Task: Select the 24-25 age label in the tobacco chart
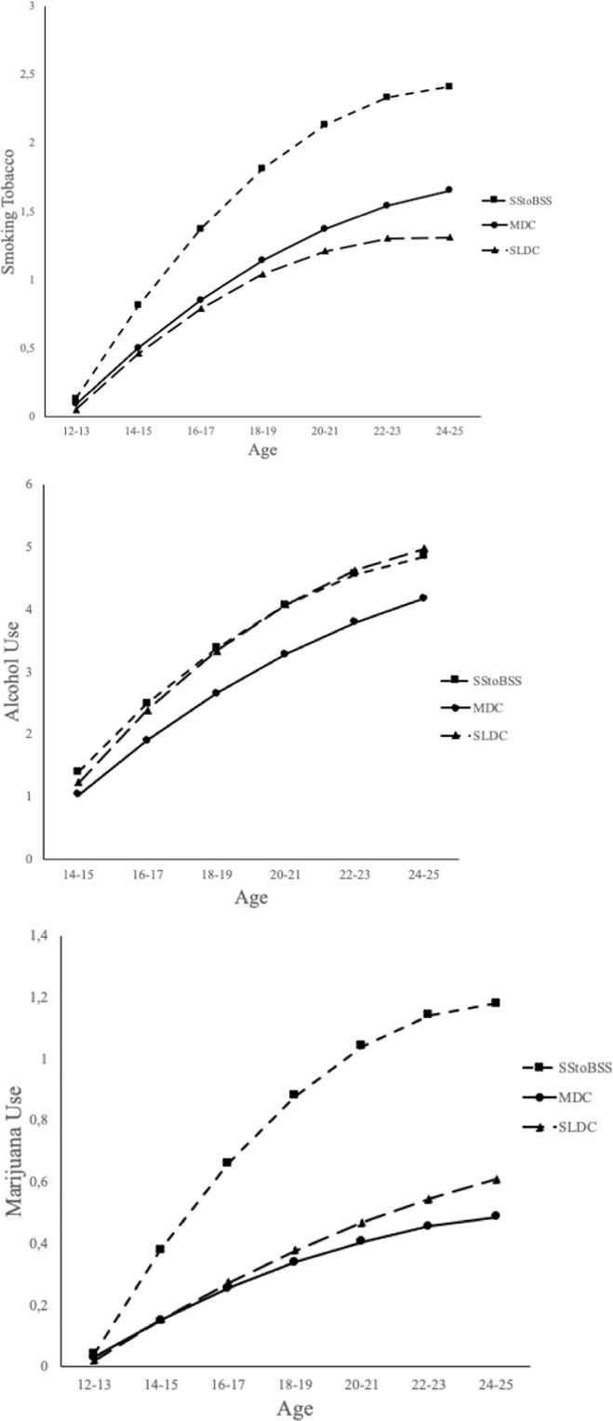[448, 433]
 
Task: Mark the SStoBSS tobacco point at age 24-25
[449, 86]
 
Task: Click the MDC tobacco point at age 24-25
[449, 190]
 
